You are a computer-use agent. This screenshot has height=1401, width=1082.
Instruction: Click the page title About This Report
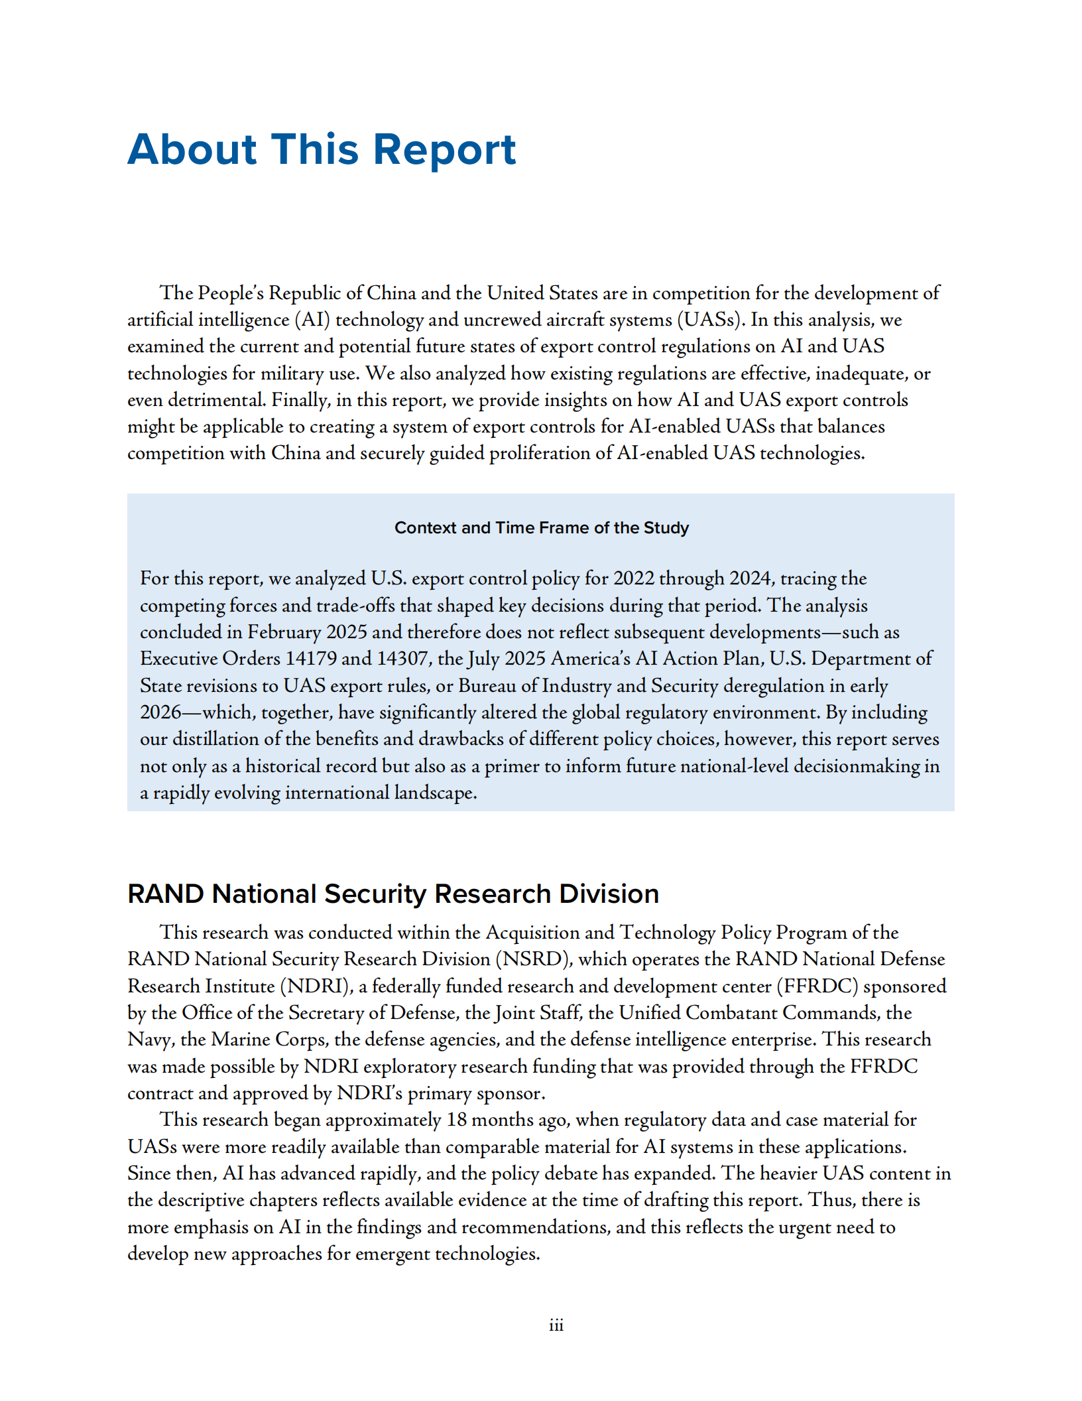click(322, 149)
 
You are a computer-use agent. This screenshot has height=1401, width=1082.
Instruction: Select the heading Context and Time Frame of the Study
click(541, 528)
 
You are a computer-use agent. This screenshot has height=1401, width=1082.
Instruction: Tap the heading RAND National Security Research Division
click(393, 894)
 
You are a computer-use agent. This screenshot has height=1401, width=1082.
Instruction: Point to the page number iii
click(556, 1325)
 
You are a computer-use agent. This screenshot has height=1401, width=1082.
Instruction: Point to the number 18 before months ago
click(457, 1120)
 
